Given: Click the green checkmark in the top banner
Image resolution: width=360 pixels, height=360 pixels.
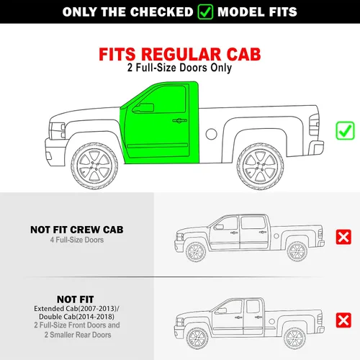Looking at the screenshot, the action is coord(205,12).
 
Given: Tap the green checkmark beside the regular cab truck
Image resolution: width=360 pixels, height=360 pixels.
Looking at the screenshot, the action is coord(345,131).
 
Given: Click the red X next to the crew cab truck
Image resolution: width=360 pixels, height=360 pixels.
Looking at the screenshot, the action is coord(343,237).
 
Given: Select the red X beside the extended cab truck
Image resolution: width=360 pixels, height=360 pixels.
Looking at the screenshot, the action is coord(343,320).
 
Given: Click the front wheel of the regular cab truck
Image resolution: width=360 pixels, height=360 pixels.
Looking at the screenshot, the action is coord(94,166).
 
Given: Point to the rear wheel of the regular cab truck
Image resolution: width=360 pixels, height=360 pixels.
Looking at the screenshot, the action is coord(260,166).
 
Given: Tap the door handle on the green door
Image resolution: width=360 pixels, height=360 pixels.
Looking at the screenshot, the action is coord(179,120).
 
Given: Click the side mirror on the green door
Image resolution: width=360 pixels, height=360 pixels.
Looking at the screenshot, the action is coord(143,108).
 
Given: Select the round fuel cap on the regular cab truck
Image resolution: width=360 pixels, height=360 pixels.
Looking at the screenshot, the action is coord(211,134).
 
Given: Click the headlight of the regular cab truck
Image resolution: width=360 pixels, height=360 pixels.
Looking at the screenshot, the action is coord(57,131).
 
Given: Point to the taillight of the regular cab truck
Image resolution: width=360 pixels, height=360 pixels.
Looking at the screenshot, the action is coord(314,125).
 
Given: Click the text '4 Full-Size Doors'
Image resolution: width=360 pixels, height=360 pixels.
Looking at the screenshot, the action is coord(77,240).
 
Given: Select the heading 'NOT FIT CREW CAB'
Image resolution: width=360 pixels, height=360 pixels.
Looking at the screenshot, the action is coord(77,230).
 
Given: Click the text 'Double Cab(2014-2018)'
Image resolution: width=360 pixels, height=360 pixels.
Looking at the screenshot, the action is coord(76,317).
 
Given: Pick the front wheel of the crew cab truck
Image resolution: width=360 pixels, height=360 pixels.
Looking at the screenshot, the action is coord(196,252).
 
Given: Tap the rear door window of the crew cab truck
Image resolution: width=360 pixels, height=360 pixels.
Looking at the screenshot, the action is coord(253,223).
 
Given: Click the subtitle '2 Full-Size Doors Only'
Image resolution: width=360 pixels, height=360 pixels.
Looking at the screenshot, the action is coord(179,68).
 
